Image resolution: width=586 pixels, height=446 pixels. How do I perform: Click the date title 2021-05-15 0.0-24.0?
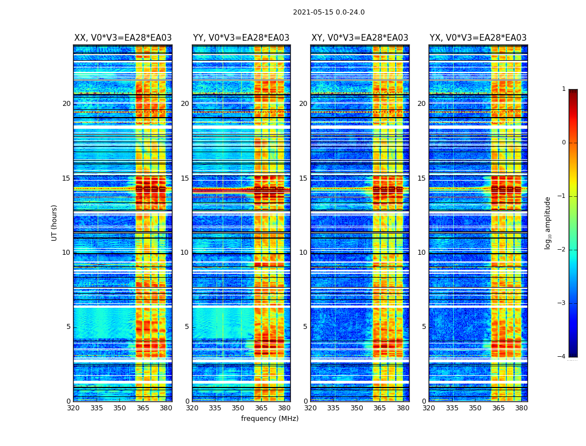pos(329,12)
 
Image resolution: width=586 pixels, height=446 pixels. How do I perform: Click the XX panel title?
pos(123,38)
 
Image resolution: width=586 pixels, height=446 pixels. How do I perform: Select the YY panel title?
pos(241,38)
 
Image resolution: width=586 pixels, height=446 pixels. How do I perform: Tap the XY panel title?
pos(359,38)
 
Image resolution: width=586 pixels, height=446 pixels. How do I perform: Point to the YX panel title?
pos(478,38)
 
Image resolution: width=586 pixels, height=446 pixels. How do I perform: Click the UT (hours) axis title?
pos(55,222)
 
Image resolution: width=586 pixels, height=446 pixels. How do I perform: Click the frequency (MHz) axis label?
pos(270,419)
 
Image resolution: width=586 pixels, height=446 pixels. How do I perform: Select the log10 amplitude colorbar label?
pos(548,222)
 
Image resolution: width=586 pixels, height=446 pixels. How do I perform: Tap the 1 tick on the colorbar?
pos(564,89)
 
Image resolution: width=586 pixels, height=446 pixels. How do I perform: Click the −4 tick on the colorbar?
pos(562,357)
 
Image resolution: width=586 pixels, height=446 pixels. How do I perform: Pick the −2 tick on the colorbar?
pos(562,250)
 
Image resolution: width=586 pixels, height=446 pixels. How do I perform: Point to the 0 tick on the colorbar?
pos(564,143)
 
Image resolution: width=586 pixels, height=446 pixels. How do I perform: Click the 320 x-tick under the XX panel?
pos(74,408)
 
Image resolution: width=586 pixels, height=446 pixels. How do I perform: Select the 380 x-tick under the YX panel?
pos(521,408)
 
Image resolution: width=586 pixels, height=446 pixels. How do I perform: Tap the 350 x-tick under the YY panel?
pos(238,408)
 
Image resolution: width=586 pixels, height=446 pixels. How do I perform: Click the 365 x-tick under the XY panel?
pos(380,408)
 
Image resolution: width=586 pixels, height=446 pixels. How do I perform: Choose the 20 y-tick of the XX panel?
pos(66,104)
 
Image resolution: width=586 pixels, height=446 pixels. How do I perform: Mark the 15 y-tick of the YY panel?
pos(185,178)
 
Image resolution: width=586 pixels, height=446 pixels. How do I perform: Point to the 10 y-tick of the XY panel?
pos(303,253)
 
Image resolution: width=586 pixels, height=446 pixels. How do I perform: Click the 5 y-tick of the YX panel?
pos(424,327)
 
